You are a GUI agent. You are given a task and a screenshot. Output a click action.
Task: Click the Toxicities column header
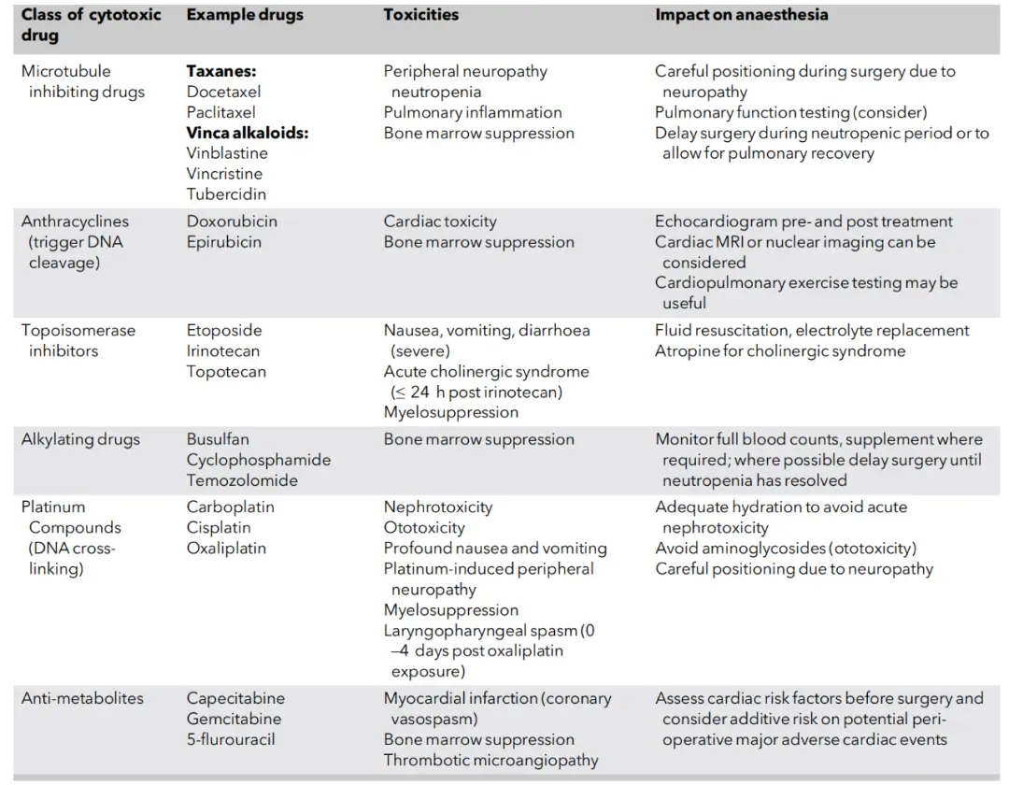[x=420, y=15]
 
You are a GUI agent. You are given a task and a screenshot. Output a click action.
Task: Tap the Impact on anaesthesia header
[x=741, y=15]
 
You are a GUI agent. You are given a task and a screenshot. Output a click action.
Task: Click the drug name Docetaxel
[x=223, y=92]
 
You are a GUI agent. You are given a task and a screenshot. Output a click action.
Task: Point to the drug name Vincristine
[x=224, y=174]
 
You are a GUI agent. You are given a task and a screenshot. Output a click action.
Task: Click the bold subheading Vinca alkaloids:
[x=247, y=133]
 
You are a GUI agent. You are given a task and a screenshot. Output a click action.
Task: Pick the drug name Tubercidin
[x=226, y=194]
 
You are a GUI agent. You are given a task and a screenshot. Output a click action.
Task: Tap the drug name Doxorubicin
[x=232, y=221]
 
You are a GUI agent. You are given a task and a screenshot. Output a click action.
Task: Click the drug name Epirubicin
[x=223, y=242]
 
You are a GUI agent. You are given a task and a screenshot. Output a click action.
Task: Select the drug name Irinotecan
[x=223, y=350]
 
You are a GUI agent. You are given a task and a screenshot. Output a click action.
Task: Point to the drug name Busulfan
[x=218, y=439]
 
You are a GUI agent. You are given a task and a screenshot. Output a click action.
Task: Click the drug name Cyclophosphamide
[x=258, y=460]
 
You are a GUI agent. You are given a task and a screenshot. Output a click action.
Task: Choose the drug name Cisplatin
[x=219, y=527]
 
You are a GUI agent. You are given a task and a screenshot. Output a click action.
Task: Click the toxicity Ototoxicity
[x=423, y=527]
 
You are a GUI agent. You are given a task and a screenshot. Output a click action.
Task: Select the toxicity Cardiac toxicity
[x=440, y=221]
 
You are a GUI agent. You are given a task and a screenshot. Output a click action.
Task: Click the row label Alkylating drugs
[x=80, y=439]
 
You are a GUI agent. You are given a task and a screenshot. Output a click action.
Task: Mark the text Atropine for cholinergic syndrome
[x=780, y=350]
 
